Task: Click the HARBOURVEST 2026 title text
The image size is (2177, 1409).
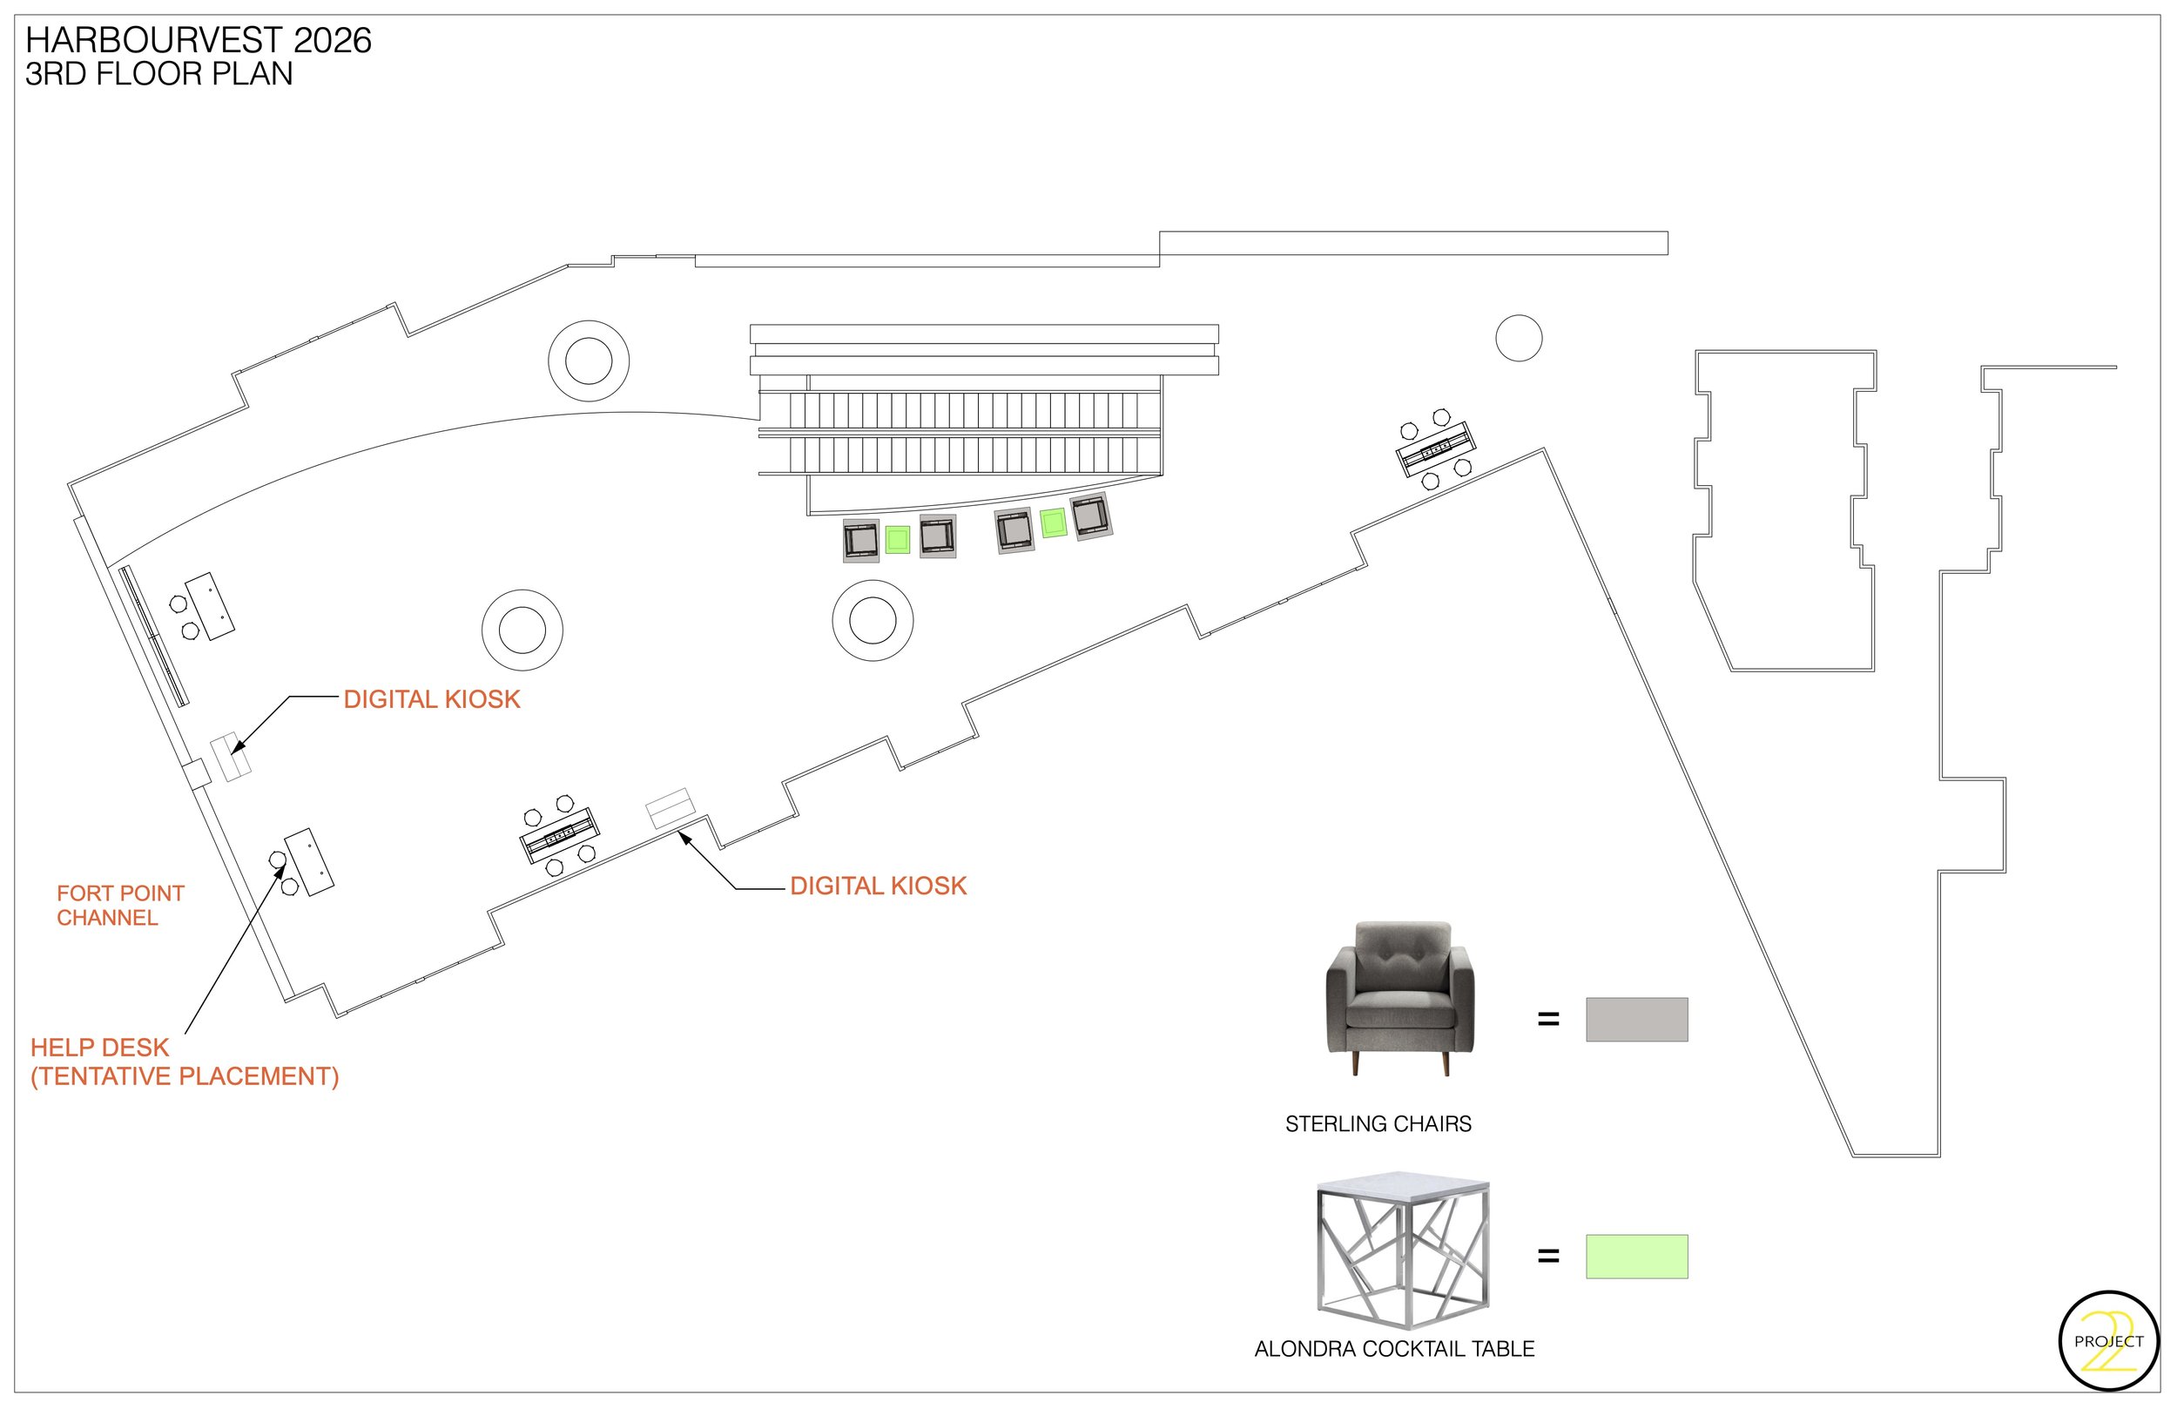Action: pos(198,40)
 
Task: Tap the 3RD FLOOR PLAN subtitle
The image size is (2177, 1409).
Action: pos(158,74)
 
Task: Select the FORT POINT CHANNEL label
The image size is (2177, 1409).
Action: pos(120,906)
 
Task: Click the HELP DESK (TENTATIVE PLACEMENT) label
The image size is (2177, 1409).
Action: pos(184,1062)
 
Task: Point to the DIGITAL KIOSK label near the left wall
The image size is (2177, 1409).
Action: pos(431,700)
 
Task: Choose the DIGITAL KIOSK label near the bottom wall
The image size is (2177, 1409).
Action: pos(877,886)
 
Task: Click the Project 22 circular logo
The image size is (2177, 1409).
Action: pos(2108,1341)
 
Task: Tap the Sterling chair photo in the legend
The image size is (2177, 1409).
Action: pos(1399,998)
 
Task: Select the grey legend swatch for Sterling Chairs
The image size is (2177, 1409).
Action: pos(1635,1019)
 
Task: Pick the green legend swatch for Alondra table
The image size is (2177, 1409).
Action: pos(1635,1257)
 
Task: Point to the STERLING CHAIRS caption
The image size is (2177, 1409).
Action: pos(1378,1124)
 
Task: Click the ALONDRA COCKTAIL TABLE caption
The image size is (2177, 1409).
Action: pos(1393,1349)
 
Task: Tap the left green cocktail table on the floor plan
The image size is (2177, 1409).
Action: pos(897,540)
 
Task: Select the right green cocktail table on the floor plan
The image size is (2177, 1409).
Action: pos(1053,523)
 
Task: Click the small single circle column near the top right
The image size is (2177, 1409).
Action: pos(1519,338)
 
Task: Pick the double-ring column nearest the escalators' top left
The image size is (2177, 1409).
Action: pos(588,361)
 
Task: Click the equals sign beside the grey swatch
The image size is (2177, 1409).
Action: pos(1547,1019)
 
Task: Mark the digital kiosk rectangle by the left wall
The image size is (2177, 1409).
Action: pos(231,758)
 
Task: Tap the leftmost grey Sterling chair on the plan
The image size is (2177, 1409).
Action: pos(860,540)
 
